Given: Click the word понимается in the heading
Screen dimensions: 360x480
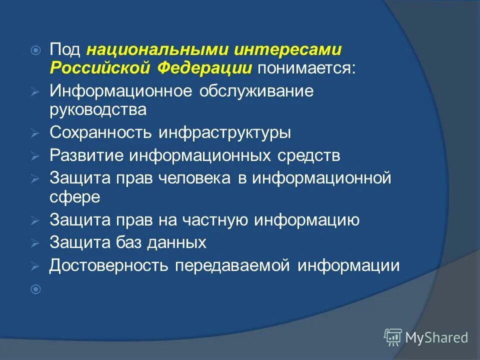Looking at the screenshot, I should click(x=306, y=68).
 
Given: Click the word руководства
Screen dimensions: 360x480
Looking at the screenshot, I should click(x=98, y=110).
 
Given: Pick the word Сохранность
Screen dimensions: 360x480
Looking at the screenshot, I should click(x=101, y=132).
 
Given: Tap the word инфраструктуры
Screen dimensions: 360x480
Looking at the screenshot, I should click(x=225, y=132).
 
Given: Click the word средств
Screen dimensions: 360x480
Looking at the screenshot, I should click(x=309, y=155).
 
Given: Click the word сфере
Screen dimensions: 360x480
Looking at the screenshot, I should click(x=75, y=196).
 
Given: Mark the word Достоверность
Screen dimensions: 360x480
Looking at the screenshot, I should click(x=108, y=265).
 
